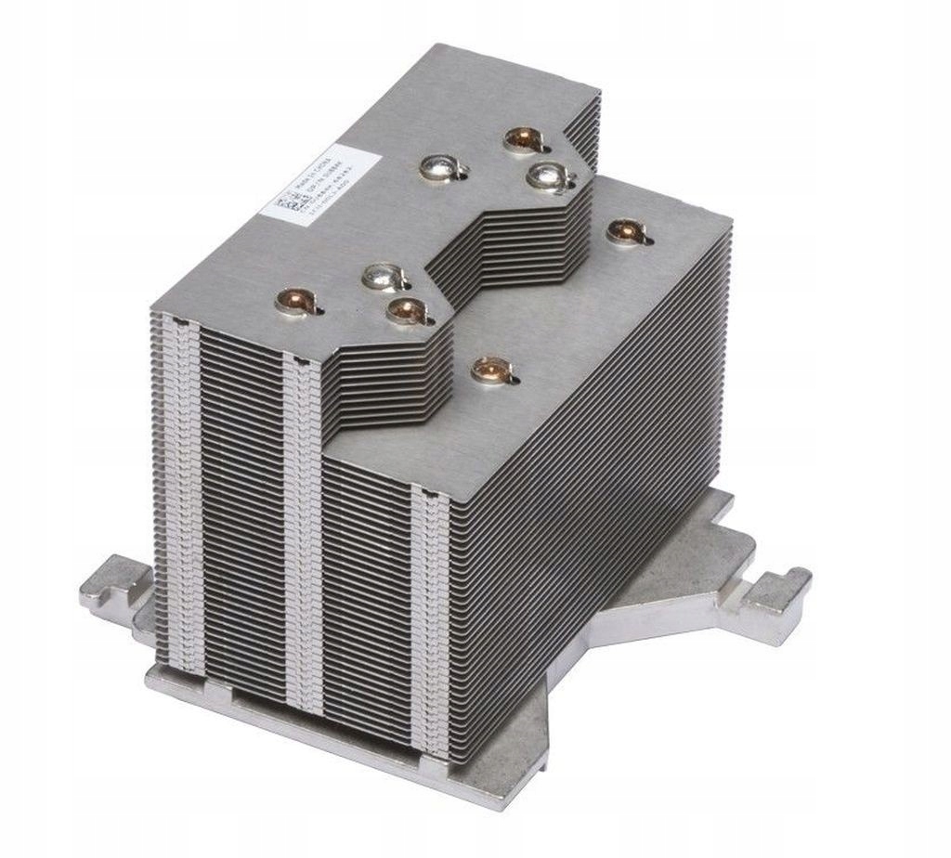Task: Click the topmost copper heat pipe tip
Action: [x=522, y=140]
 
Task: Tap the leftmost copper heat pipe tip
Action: [x=294, y=301]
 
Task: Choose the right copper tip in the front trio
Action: [x=405, y=310]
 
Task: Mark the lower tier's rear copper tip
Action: [x=624, y=230]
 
